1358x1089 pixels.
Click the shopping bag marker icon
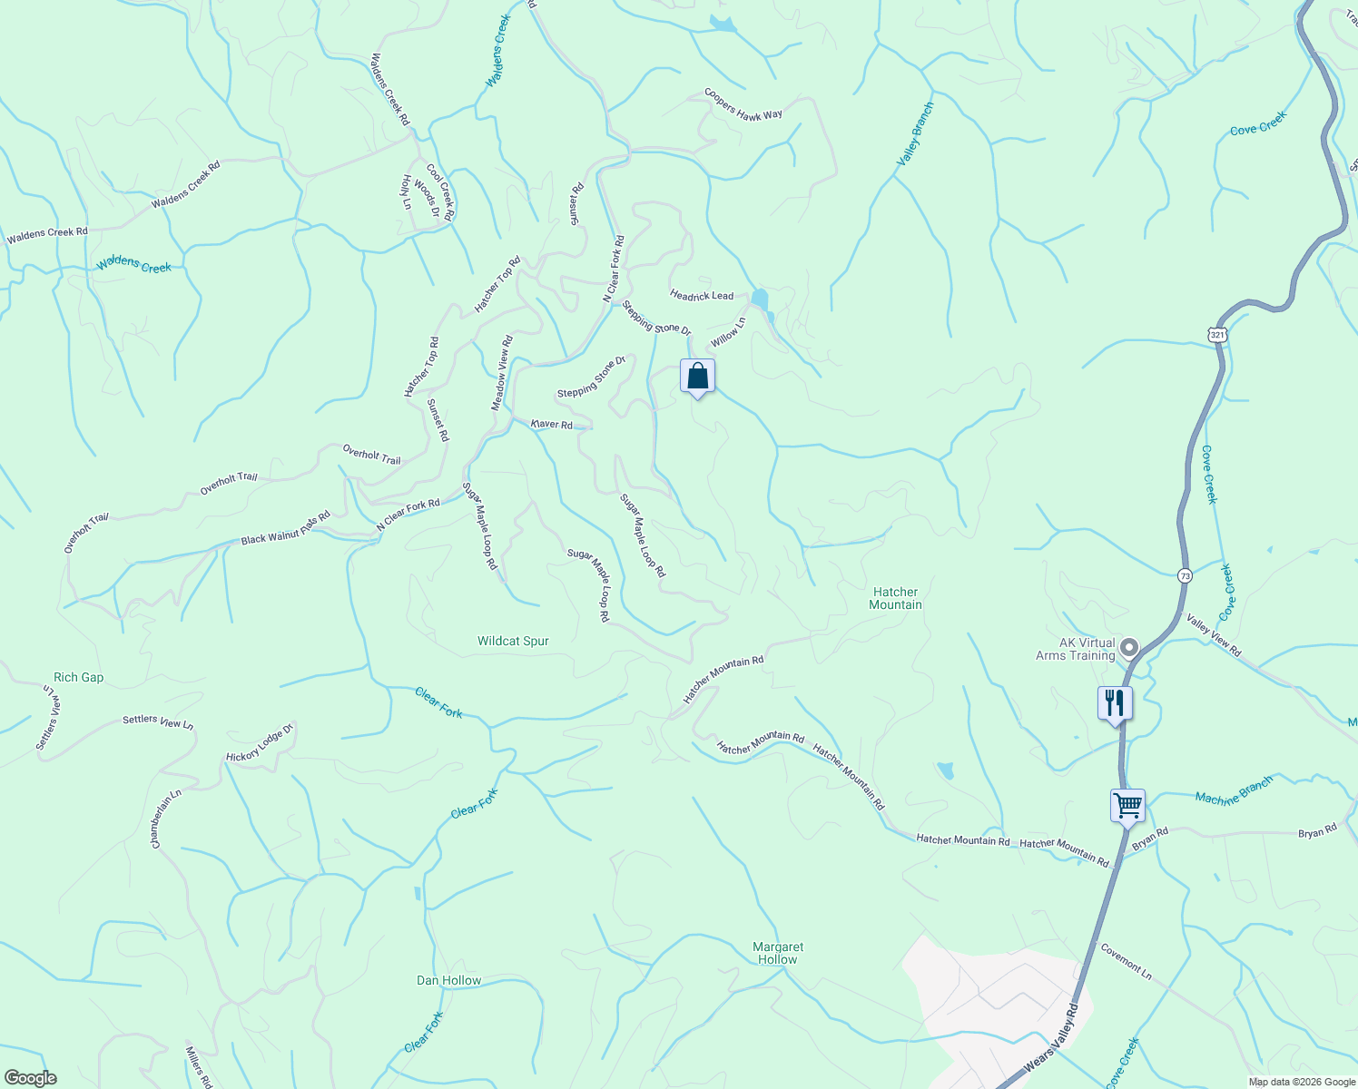(697, 377)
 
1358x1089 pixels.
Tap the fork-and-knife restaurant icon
(1115, 703)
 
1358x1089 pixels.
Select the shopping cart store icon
(1127, 805)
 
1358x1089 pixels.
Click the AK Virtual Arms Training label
(1076, 649)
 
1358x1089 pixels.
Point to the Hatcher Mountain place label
(895, 598)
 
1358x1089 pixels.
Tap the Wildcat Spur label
(513, 641)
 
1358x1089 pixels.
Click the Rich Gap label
(79, 677)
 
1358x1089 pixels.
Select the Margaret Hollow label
(778, 953)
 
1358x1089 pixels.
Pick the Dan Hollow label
(448, 980)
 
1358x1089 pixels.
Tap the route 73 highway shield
(1185, 575)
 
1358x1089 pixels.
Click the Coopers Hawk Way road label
(743, 104)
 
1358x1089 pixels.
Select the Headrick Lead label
(702, 296)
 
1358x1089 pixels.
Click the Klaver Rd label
(552, 425)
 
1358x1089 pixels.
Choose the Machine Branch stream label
(1234, 790)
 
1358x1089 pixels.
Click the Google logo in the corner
(30, 1078)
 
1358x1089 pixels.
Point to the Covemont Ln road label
(1127, 962)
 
